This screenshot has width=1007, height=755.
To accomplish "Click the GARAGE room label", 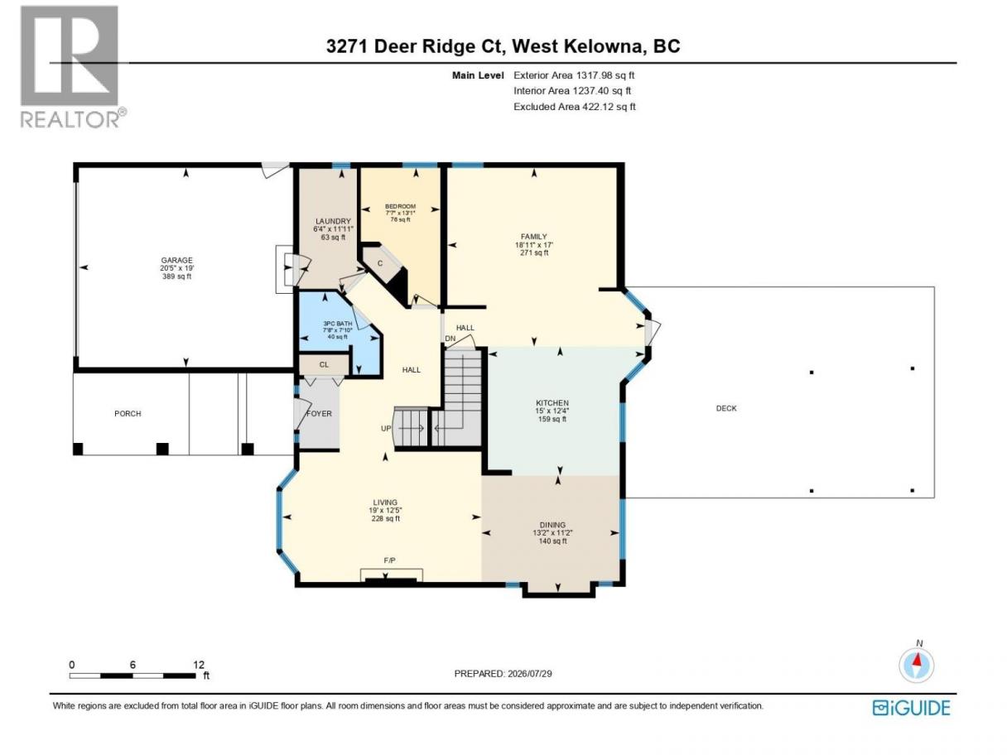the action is [x=176, y=260].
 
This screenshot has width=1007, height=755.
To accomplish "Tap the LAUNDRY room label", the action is [x=333, y=221].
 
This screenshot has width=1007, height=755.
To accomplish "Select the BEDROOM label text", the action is [x=400, y=206].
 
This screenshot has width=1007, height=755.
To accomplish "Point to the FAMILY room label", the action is [x=533, y=237].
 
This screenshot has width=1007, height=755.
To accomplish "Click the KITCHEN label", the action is [x=552, y=403].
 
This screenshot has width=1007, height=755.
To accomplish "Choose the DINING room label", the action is [x=552, y=525].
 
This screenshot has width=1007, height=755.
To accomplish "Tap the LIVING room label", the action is [x=385, y=503].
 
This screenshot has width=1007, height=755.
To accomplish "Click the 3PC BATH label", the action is [x=338, y=323].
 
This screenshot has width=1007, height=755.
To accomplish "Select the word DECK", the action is [x=726, y=408].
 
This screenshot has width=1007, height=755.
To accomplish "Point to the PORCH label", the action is [x=128, y=413].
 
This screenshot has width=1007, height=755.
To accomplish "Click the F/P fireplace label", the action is [x=389, y=560].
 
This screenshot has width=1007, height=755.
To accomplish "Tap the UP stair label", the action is [x=386, y=428].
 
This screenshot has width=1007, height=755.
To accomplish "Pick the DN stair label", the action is [x=450, y=339].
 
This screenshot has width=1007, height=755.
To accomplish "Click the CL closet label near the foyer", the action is [x=324, y=364].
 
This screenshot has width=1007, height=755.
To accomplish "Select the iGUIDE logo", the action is [x=911, y=708].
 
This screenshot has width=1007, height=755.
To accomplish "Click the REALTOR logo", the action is [x=74, y=67].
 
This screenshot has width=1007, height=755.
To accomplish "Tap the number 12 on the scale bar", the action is [x=199, y=664].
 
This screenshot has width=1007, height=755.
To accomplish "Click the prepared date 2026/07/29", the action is [x=529, y=674].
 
